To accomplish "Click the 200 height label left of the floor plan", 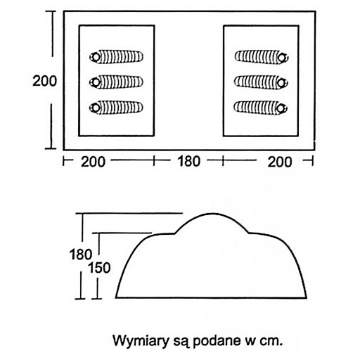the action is coord(44,81).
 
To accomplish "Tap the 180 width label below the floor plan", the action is coord(189,161).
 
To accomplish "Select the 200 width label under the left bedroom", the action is coord(93,162).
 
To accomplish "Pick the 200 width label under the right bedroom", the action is coord(280,162).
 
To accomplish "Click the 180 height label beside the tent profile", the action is coord(80,255).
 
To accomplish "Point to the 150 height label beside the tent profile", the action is coord(99,268).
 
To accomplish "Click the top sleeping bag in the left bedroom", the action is coord(116,57).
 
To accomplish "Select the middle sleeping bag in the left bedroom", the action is coord(116,82).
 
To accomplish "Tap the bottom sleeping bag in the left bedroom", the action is coord(116,108).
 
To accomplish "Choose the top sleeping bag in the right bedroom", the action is coord(262,57).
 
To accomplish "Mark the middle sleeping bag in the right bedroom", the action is coord(261,82).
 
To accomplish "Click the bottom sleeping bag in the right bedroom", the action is coord(261,108).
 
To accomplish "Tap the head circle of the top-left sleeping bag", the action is coord(96,57).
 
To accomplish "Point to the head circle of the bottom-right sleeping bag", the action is coord(281,108).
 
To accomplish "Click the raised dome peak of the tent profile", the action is coord(212,214).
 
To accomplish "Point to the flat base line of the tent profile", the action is coord(211,297).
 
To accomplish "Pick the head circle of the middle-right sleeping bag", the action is coord(281,83).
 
